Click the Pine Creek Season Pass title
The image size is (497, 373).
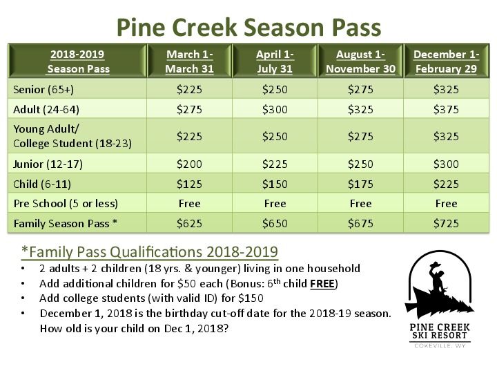[248, 27]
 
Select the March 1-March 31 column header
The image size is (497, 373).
[189, 61]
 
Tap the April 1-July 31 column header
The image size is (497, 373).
[275, 61]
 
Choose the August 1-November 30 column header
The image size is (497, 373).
[360, 61]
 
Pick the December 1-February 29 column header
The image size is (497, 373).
[446, 61]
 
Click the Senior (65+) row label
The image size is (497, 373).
[43, 89]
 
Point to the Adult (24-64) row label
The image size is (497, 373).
[46, 109]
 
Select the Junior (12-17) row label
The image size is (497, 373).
[48, 164]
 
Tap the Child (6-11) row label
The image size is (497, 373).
[42, 184]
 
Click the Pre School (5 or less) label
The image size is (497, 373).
[66, 203]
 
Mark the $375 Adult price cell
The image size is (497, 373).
[446, 109]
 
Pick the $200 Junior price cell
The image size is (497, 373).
[189, 164]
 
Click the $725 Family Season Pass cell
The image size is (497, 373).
[446, 223]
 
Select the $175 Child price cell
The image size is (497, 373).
[360, 184]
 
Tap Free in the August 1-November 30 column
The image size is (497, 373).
[360, 203]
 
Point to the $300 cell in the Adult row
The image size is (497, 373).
[275, 109]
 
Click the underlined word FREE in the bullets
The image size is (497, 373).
[322, 284]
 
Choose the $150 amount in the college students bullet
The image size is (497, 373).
[251, 298]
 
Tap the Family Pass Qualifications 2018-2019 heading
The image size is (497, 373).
[150, 252]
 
